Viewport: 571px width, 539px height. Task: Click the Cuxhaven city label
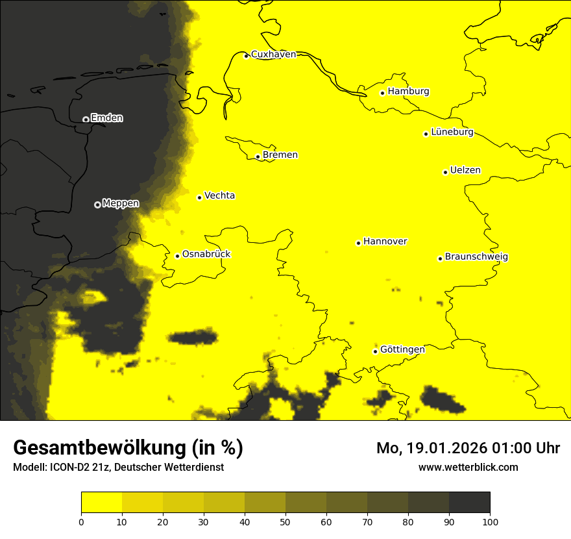tap(273, 55)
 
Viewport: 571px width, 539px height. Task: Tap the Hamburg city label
tap(408, 92)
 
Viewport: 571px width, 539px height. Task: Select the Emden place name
tap(106, 118)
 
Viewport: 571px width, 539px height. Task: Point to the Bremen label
tap(280, 155)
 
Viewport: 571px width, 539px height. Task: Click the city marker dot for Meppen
tap(97, 205)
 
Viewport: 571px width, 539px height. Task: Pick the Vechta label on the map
tap(219, 195)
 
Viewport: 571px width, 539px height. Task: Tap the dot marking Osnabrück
tap(177, 256)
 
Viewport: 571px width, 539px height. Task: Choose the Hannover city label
tap(385, 242)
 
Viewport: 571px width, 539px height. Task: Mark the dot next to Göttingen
tap(375, 352)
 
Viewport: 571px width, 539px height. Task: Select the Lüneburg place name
tap(452, 132)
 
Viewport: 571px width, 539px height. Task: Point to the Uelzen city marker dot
tap(445, 172)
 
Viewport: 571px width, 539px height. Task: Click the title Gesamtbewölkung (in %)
tap(128, 448)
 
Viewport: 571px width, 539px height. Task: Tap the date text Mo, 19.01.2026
tap(426, 448)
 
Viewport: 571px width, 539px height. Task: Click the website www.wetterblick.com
tap(468, 467)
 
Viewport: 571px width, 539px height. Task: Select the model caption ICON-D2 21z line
tap(118, 468)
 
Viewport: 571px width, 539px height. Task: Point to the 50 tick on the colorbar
tap(285, 521)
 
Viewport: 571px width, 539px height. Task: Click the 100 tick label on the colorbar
tap(490, 521)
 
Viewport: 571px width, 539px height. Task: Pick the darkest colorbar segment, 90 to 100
tap(469, 503)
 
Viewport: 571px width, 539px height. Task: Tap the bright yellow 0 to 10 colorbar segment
tap(101, 503)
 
